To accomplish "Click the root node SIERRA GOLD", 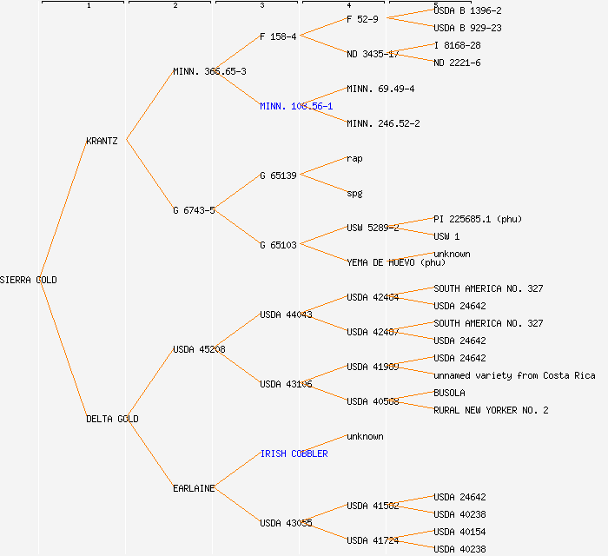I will [x=29, y=280].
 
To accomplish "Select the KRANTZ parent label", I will [x=102, y=141].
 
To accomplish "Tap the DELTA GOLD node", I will [x=112, y=419].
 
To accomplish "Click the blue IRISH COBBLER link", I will [x=294, y=453].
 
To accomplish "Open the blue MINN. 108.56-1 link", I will [x=295, y=106].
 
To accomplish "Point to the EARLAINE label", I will [x=193, y=488].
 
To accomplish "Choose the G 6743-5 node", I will [x=194, y=210].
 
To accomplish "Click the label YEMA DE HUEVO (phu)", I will [x=395, y=262].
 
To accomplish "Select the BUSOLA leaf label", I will [x=449, y=393].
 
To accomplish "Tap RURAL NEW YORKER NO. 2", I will [x=491, y=410].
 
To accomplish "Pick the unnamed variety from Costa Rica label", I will [x=514, y=375].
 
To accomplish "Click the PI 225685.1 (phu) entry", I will [x=478, y=219].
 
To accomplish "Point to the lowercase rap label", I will [x=354, y=158].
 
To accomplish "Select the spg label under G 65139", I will [x=354, y=193].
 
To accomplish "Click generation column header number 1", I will [x=89, y=6].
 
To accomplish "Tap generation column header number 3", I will [x=261, y=6].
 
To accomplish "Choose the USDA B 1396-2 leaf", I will [x=467, y=10].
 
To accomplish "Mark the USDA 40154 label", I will [x=459, y=532].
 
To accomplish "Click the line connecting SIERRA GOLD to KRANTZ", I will [x=63, y=210].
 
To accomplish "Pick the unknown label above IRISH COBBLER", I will [x=365, y=436].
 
